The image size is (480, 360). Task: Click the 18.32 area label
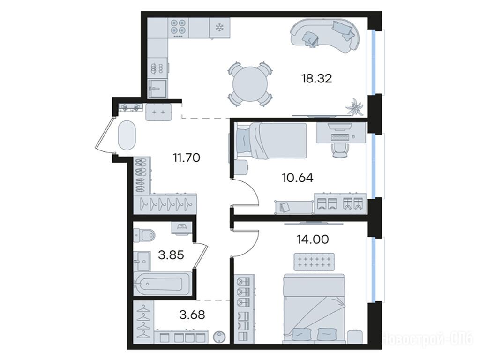[316, 79]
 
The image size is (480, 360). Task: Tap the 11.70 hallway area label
[187, 157]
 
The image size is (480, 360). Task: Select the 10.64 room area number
[298, 178]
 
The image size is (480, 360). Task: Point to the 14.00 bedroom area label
[313, 239]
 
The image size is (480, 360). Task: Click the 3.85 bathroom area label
[171, 255]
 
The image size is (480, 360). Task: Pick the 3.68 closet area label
[192, 315]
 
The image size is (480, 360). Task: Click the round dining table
[250, 84]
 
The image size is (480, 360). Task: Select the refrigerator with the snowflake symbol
[219, 28]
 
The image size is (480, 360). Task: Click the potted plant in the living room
[354, 107]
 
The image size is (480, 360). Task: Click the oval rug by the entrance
[127, 135]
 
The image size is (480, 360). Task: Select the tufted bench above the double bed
[314, 262]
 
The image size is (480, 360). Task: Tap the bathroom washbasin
[142, 261]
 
